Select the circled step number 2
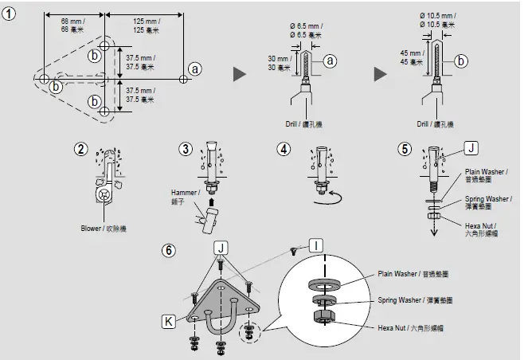click(80, 149)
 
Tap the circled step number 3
click(185, 149)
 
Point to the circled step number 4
click(284, 149)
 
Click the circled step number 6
click(168, 249)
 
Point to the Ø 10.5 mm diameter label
click(438, 20)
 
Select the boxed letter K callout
click(168, 321)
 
